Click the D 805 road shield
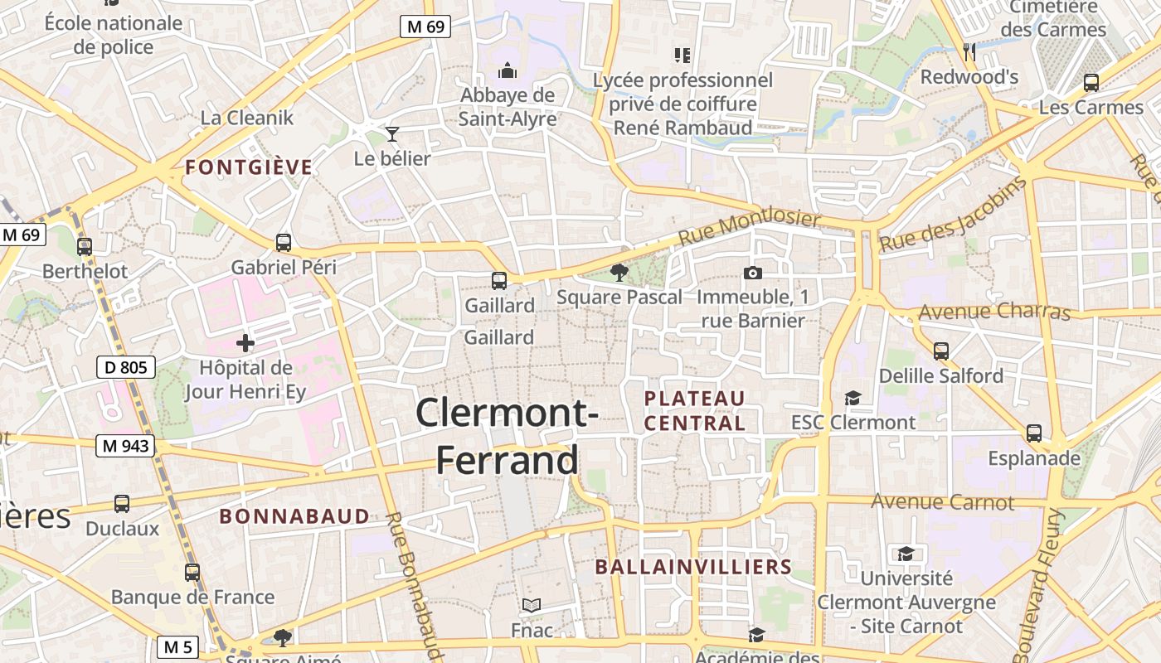pyautogui.click(x=126, y=366)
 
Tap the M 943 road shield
pyautogui.click(x=126, y=446)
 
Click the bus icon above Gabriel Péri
pyautogui.click(x=284, y=243)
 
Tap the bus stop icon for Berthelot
pyautogui.click(x=84, y=246)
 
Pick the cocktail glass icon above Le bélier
pyautogui.click(x=392, y=133)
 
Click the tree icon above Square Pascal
pyautogui.click(x=619, y=272)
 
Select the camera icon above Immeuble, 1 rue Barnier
pyautogui.click(x=753, y=273)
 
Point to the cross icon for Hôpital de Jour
pyautogui.click(x=245, y=341)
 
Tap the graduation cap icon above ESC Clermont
pyautogui.click(x=853, y=399)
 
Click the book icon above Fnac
pyautogui.click(x=532, y=606)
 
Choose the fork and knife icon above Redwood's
pyautogui.click(x=969, y=52)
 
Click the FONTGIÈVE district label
pyautogui.click(x=249, y=167)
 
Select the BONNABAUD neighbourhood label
pyautogui.click(x=294, y=516)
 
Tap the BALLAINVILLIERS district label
pyautogui.click(x=693, y=567)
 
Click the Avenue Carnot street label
pyautogui.click(x=942, y=502)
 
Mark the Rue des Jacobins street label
pyautogui.click(x=953, y=215)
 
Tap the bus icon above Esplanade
pyautogui.click(x=1034, y=433)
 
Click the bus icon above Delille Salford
pyautogui.click(x=941, y=351)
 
